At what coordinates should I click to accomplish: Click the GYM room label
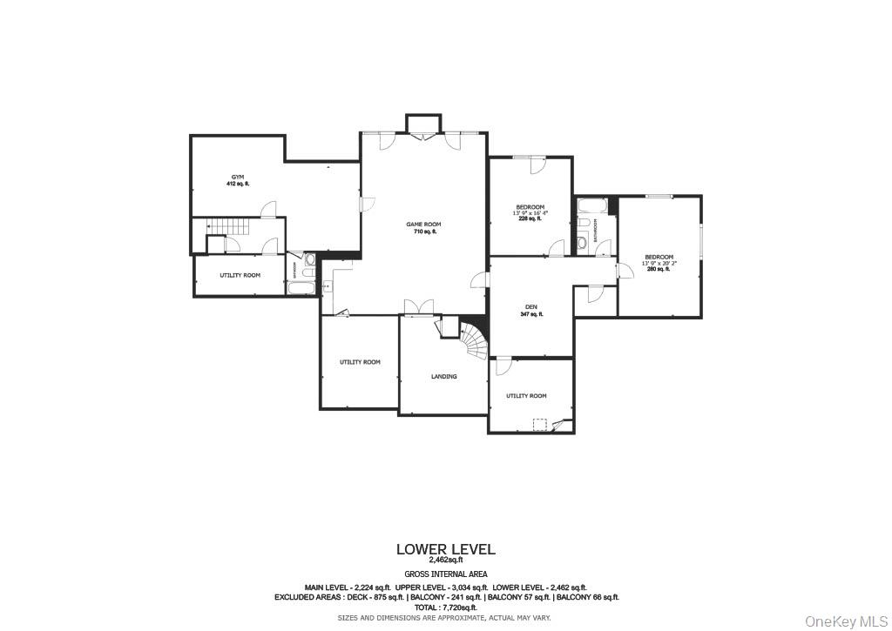(238, 177)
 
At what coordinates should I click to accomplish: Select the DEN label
(530, 306)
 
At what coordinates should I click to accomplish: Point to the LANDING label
(443, 377)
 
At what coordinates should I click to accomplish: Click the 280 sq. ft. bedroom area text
(658, 269)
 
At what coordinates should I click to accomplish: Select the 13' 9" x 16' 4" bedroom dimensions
(530, 212)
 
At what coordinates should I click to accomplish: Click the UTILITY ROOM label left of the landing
(360, 362)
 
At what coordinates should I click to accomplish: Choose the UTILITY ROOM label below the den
(526, 396)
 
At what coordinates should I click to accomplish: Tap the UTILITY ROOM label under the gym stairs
(240, 275)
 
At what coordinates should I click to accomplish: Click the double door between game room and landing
(418, 308)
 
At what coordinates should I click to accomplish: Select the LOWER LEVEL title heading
(445, 549)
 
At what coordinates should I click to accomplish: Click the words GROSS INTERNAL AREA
(445, 574)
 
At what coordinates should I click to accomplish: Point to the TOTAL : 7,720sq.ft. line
(445, 608)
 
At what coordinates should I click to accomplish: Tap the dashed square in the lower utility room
(541, 424)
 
